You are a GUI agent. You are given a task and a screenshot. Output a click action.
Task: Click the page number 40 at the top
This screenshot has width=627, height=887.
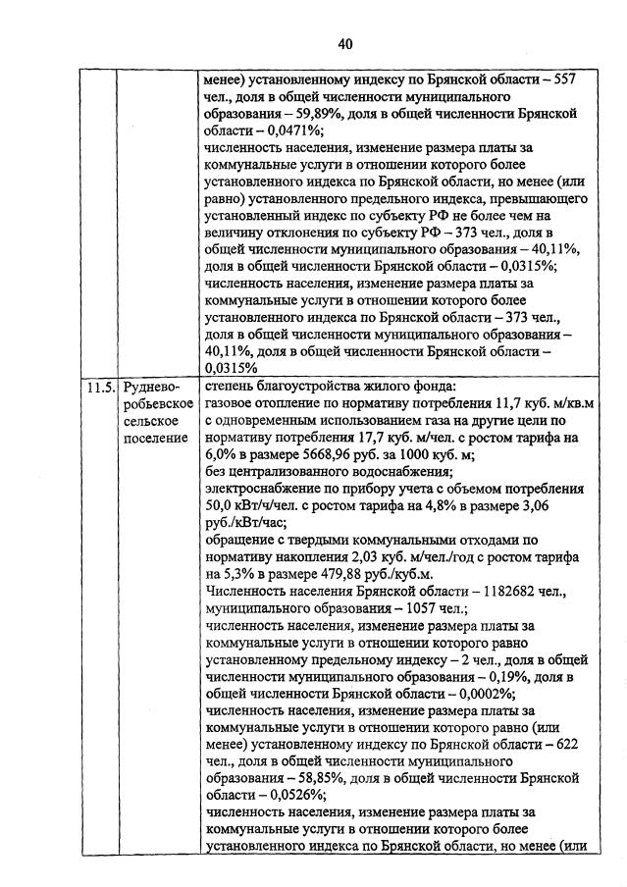[344, 43]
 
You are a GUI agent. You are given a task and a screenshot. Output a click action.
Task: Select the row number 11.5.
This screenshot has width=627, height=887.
[99, 387]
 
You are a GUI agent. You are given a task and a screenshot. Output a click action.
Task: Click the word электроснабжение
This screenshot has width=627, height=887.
[263, 488]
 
